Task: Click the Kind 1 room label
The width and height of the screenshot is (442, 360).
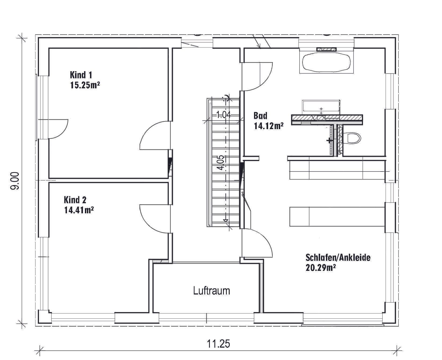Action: click(x=81, y=75)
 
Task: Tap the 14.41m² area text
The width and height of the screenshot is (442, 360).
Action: click(x=79, y=210)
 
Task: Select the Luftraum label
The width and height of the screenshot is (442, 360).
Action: click(x=212, y=290)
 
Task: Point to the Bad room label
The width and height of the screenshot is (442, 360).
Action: click(x=260, y=115)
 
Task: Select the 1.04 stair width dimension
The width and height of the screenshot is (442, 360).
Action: click(x=224, y=115)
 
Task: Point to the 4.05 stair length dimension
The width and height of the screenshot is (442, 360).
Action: click(x=221, y=163)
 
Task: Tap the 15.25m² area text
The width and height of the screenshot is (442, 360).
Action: click(x=85, y=85)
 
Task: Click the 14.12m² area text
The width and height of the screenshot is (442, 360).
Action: click(x=269, y=126)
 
